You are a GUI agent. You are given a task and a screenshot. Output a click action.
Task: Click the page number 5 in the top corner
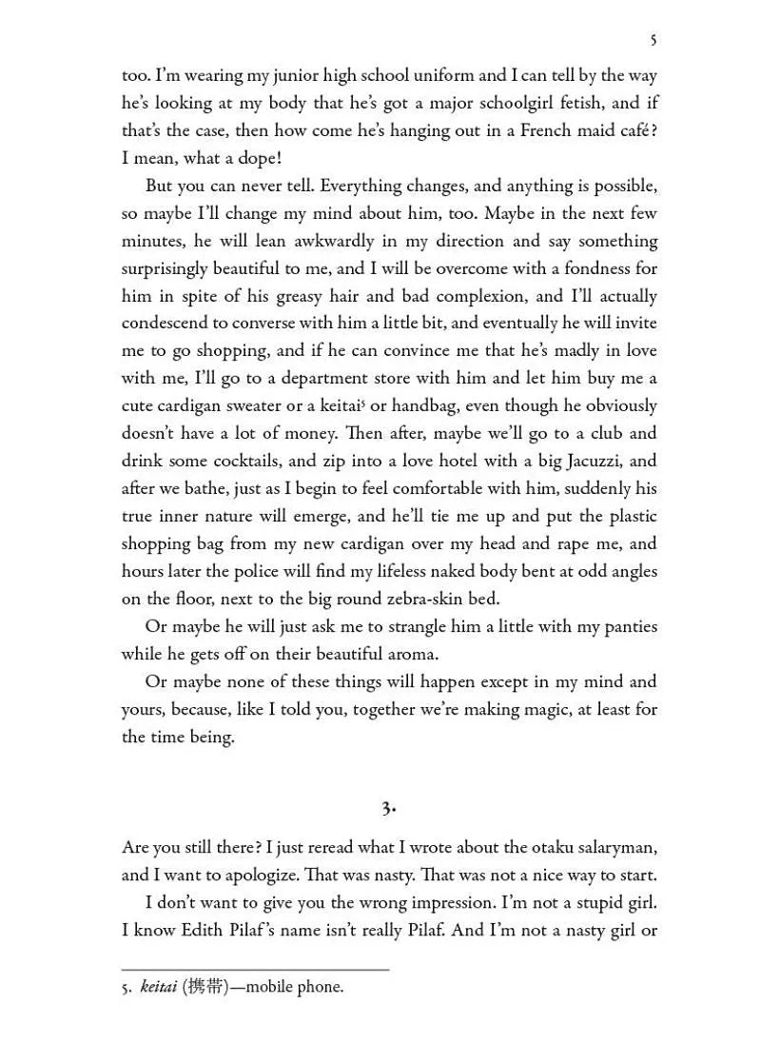click(x=653, y=40)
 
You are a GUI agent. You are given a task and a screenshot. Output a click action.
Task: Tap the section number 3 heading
click(x=388, y=808)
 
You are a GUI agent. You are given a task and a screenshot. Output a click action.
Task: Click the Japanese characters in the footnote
click(x=207, y=987)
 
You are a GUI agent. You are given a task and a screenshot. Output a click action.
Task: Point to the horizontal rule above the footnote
click(x=255, y=970)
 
